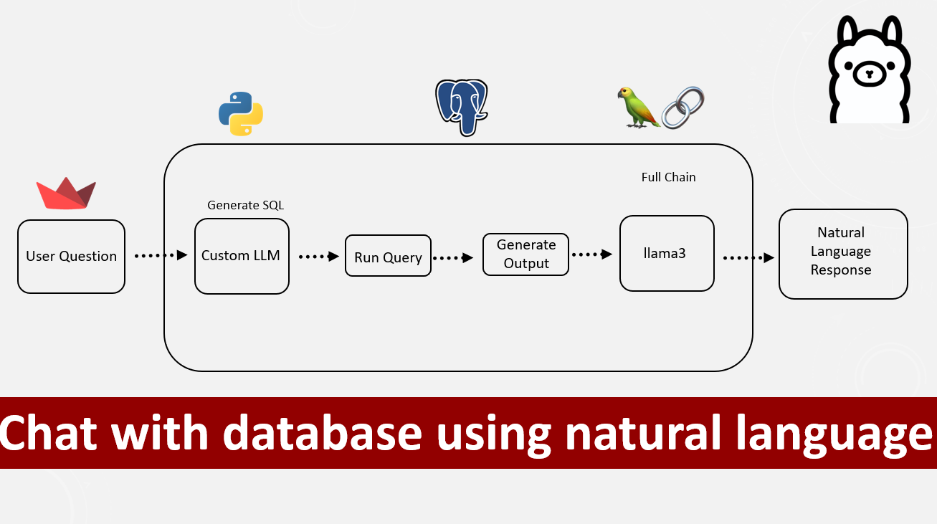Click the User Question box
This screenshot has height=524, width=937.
tap(71, 257)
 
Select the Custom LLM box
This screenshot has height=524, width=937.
tap(242, 256)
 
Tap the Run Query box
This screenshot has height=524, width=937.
tap(388, 256)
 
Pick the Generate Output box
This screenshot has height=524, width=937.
tap(525, 254)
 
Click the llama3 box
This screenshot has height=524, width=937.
tap(667, 254)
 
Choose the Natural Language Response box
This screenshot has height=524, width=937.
tap(843, 254)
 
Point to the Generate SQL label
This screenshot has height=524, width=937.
tap(245, 205)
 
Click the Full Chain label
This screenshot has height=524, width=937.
tap(668, 177)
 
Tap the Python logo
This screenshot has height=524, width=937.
tap(241, 114)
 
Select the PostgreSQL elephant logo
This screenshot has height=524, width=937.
tap(462, 107)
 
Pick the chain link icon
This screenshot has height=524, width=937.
tap(683, 108)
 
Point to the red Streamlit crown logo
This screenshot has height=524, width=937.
tap(66, 194)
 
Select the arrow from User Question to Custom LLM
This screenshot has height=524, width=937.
tap(161, 255)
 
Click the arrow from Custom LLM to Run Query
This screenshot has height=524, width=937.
tap(318, 256)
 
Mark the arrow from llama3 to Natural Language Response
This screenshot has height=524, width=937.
tap(748, 257)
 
